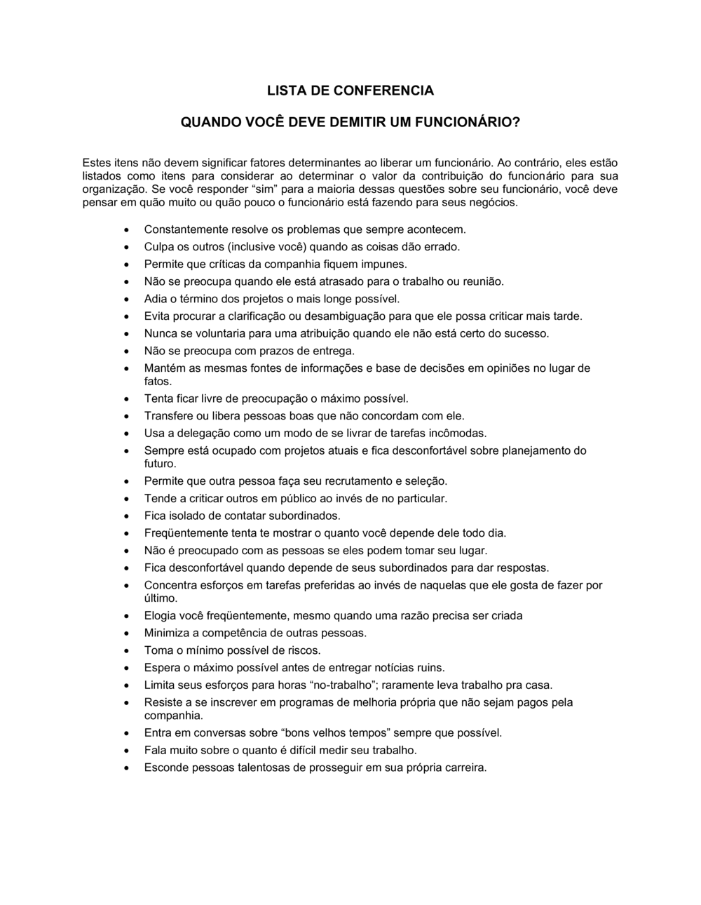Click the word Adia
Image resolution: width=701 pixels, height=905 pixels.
click(156, 299)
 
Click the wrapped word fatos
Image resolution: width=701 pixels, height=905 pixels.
click(158, 382)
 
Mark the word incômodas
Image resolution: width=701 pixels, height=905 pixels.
click(458, 433)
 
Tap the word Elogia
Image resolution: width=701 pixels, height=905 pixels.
click(161, 616)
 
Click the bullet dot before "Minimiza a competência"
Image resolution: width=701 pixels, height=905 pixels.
click(126, 633)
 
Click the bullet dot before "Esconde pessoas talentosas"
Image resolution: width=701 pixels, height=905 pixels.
click(126, 768)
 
